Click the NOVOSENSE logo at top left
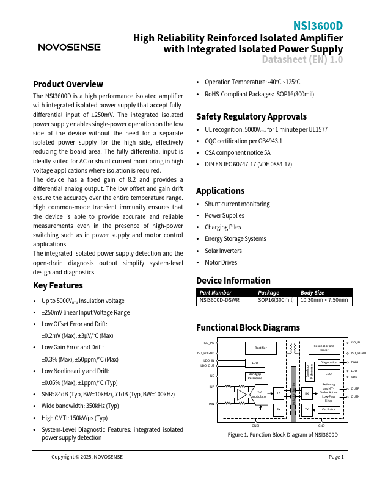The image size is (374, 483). [69, 47]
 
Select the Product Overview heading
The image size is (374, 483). [68, 84]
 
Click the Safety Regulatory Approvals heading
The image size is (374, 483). [251, 116]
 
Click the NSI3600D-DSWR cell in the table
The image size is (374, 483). [219, 300]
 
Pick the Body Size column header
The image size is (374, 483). [312, 292]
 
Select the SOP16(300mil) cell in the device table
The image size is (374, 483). [276, 300]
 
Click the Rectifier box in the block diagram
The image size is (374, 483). [261, 348]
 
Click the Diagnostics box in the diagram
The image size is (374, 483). [329, 362]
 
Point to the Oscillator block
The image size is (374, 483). [329, 409]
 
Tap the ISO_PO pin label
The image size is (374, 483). [209, 343]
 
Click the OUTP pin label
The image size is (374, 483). [355, 388]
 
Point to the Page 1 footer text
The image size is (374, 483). [336, 457]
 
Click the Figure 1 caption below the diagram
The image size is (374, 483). [282, 435]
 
